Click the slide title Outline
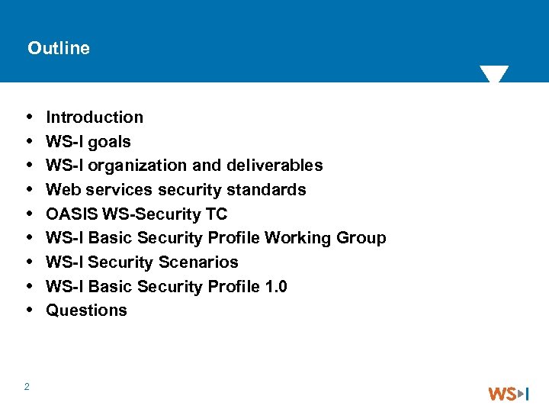[x=59, y=48]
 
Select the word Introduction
[x=95, y=117]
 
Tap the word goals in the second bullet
[x=109, y=142]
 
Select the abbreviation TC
[x=216, y=214]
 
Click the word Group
[x=361, y=238]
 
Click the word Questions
[x=86, y=311]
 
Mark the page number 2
[x=27, y=387]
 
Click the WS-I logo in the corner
[x=509, y=394]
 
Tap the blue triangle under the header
[x=494, y=74]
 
